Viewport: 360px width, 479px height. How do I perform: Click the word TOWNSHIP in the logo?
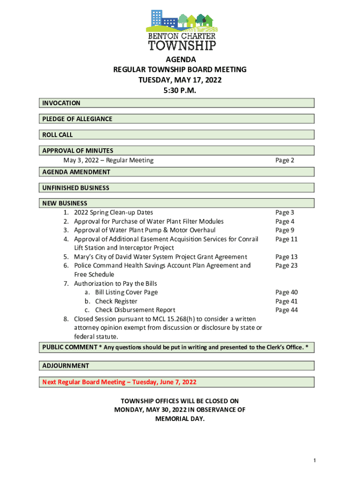182,45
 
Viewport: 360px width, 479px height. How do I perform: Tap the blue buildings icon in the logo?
164,20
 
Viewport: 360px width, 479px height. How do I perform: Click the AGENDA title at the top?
180,59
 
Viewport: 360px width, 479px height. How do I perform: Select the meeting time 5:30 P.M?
180,90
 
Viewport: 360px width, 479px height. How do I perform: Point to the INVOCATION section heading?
61,103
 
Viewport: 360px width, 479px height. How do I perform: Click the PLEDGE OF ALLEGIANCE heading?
77,119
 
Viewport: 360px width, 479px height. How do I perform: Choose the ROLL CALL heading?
58,135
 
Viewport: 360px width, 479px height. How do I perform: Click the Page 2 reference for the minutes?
284,160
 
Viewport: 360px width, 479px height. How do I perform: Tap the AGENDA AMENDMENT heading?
76,172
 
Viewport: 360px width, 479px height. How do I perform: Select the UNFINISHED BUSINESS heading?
76,188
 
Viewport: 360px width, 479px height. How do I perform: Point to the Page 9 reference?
284,230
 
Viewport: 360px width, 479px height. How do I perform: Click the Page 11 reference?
286,239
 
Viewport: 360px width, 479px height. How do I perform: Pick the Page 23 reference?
286,265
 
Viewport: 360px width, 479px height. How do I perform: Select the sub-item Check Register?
116,301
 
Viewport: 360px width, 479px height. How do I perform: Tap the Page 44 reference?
286,310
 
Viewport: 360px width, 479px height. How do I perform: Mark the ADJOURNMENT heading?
65,365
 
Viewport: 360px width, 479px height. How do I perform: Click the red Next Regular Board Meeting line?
119,382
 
